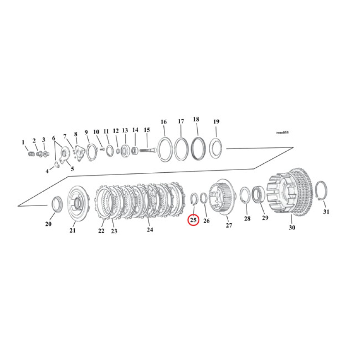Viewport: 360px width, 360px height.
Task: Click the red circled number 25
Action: [x=193, y=220]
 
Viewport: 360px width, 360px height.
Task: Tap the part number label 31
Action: [x=326, y=211]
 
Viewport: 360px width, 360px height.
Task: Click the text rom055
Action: [x=282, y=133]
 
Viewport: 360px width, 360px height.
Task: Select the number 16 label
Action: [x=163, y=122]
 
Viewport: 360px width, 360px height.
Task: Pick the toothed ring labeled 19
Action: [x=216, y=148]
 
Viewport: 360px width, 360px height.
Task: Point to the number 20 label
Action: [x=49, y=224]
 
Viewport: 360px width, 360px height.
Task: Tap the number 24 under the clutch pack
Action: [x=150, y=229]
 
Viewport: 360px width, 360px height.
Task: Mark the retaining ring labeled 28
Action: [x=245, y=196]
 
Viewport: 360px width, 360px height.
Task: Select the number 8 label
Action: [x=76, y=134]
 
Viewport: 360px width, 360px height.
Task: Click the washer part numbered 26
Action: [x=203, y=198]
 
